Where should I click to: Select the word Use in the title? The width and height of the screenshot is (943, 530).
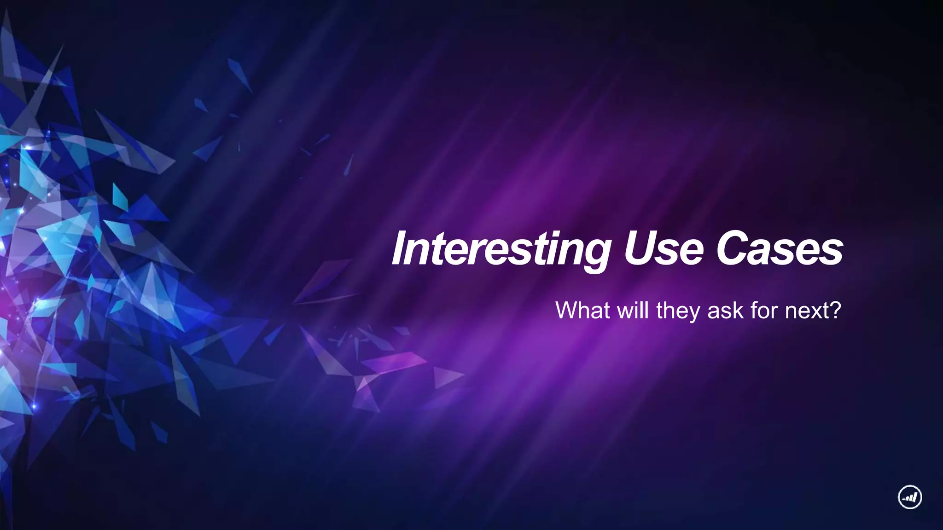click(663, 249)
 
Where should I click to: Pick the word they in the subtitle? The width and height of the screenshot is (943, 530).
click(679, 311)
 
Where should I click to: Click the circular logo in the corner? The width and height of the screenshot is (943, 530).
click(910, 497)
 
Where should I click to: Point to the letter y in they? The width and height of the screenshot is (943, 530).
click(694, 314)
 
